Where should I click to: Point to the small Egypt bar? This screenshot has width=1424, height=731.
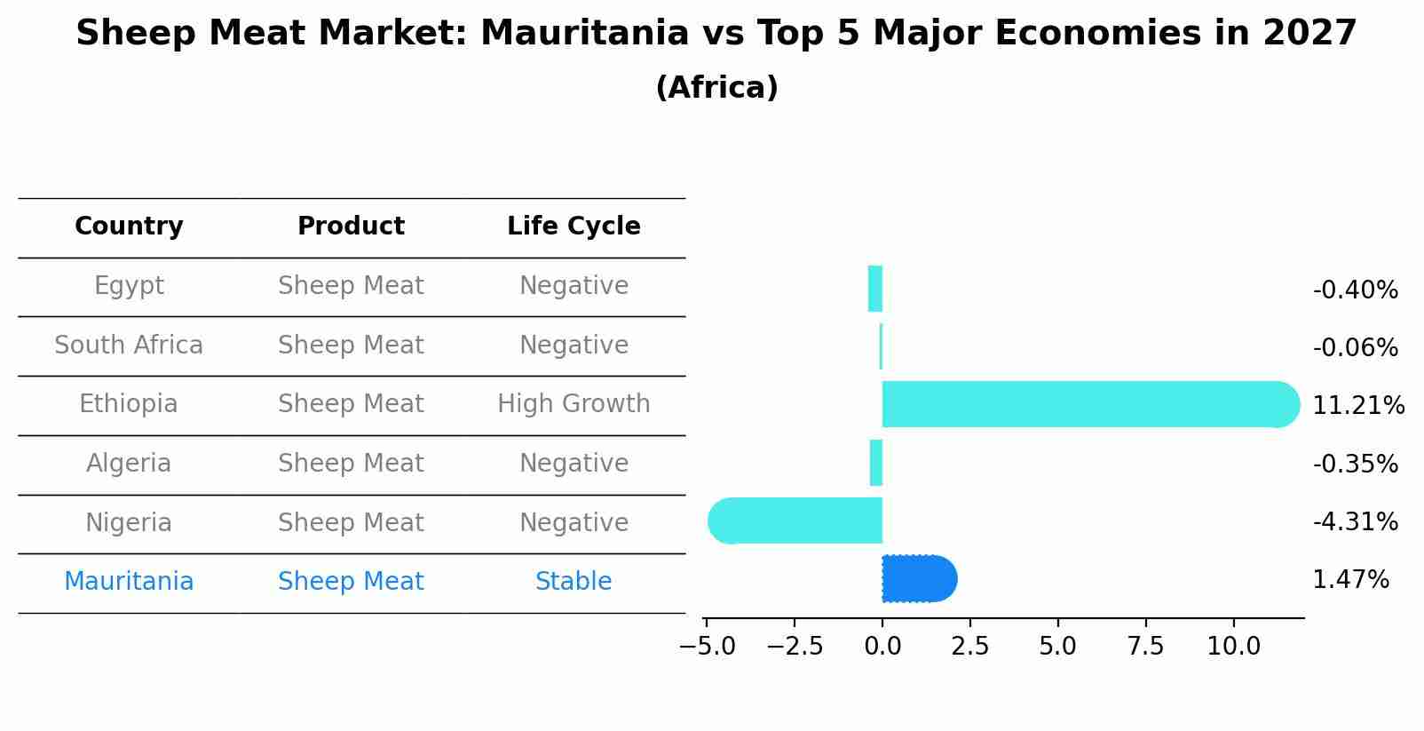click(x=875, y=289)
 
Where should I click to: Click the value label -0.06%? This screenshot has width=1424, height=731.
click(x=1355, y=347)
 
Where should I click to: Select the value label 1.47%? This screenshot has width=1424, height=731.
click(x=1350, y=580)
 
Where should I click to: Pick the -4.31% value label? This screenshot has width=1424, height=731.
click(x=1355, y=521)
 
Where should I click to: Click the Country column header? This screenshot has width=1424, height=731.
click(x=129, y=226)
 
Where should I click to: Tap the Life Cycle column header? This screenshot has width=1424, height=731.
click(x=574, y=226)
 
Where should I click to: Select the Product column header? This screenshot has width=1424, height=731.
click(x=351, y=226)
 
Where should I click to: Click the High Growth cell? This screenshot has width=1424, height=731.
click(x=574, y=404)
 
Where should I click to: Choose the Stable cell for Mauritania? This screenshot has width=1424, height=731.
click(x=574, y=582)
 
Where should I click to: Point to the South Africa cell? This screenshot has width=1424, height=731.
click(x=129, y=345)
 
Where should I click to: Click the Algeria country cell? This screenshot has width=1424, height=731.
click(x=129, y=464)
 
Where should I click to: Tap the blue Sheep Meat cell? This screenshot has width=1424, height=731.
click(x=351, y=582)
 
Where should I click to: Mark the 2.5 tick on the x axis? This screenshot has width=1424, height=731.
click(x=969, y=646)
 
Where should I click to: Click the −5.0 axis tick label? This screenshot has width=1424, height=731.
click(x=707, y=646)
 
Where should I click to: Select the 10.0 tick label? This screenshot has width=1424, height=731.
click(x=1233, y=646)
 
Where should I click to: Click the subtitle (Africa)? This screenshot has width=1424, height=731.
click(x=716, y=87)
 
